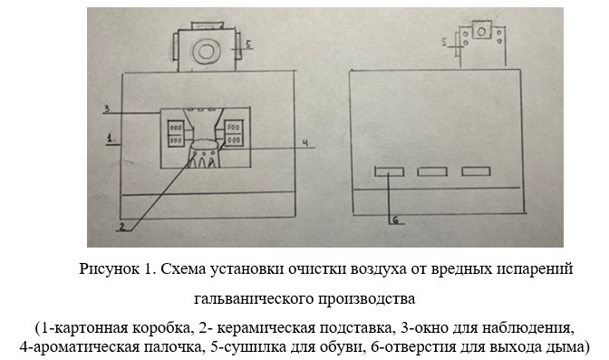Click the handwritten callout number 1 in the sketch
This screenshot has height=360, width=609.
point(111,139)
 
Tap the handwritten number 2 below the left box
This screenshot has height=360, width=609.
point(122,227)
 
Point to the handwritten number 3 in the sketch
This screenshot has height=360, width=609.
point(108,109)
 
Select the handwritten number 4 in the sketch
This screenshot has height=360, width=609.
point(305,143)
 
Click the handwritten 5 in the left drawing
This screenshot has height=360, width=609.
point(248,44)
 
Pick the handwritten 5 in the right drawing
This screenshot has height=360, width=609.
point(445,42)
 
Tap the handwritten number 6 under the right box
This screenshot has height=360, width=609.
point(396,220)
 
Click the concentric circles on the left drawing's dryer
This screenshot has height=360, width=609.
point(206,52)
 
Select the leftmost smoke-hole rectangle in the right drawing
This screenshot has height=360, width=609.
point(389,171)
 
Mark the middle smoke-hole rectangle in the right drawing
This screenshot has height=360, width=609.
point(432,171)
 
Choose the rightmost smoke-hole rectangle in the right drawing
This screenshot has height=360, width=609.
point(476,171)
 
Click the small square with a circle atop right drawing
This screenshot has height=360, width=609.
point(481,31)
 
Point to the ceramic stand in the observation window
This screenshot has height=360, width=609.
point(204,154)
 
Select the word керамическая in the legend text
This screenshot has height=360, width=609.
point(266,328)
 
